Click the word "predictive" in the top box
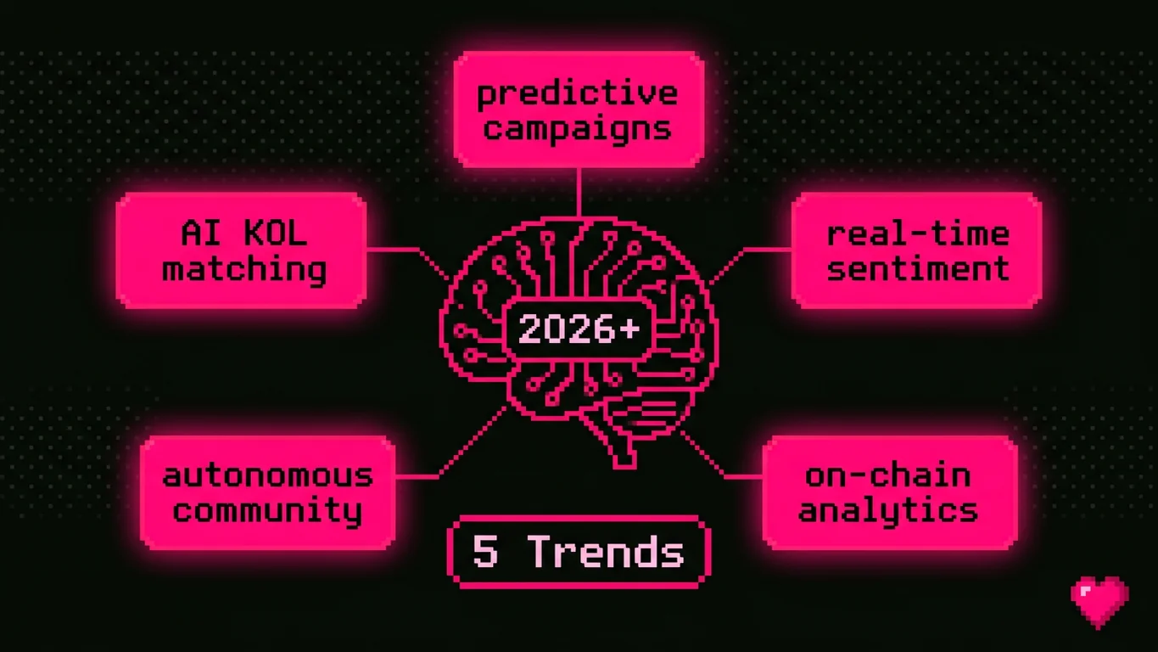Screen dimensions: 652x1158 578,93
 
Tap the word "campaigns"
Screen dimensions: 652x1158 578,128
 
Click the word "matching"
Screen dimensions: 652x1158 244,269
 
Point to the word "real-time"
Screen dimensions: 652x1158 918,233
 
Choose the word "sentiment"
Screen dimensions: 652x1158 918,268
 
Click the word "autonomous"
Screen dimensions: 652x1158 267,475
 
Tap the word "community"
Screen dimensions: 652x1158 267,510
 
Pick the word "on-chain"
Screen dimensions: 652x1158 888,475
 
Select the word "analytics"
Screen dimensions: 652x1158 888,510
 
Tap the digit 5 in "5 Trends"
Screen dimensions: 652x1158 485,553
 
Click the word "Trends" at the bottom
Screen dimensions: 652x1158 606,553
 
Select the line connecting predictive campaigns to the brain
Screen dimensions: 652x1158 579,191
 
